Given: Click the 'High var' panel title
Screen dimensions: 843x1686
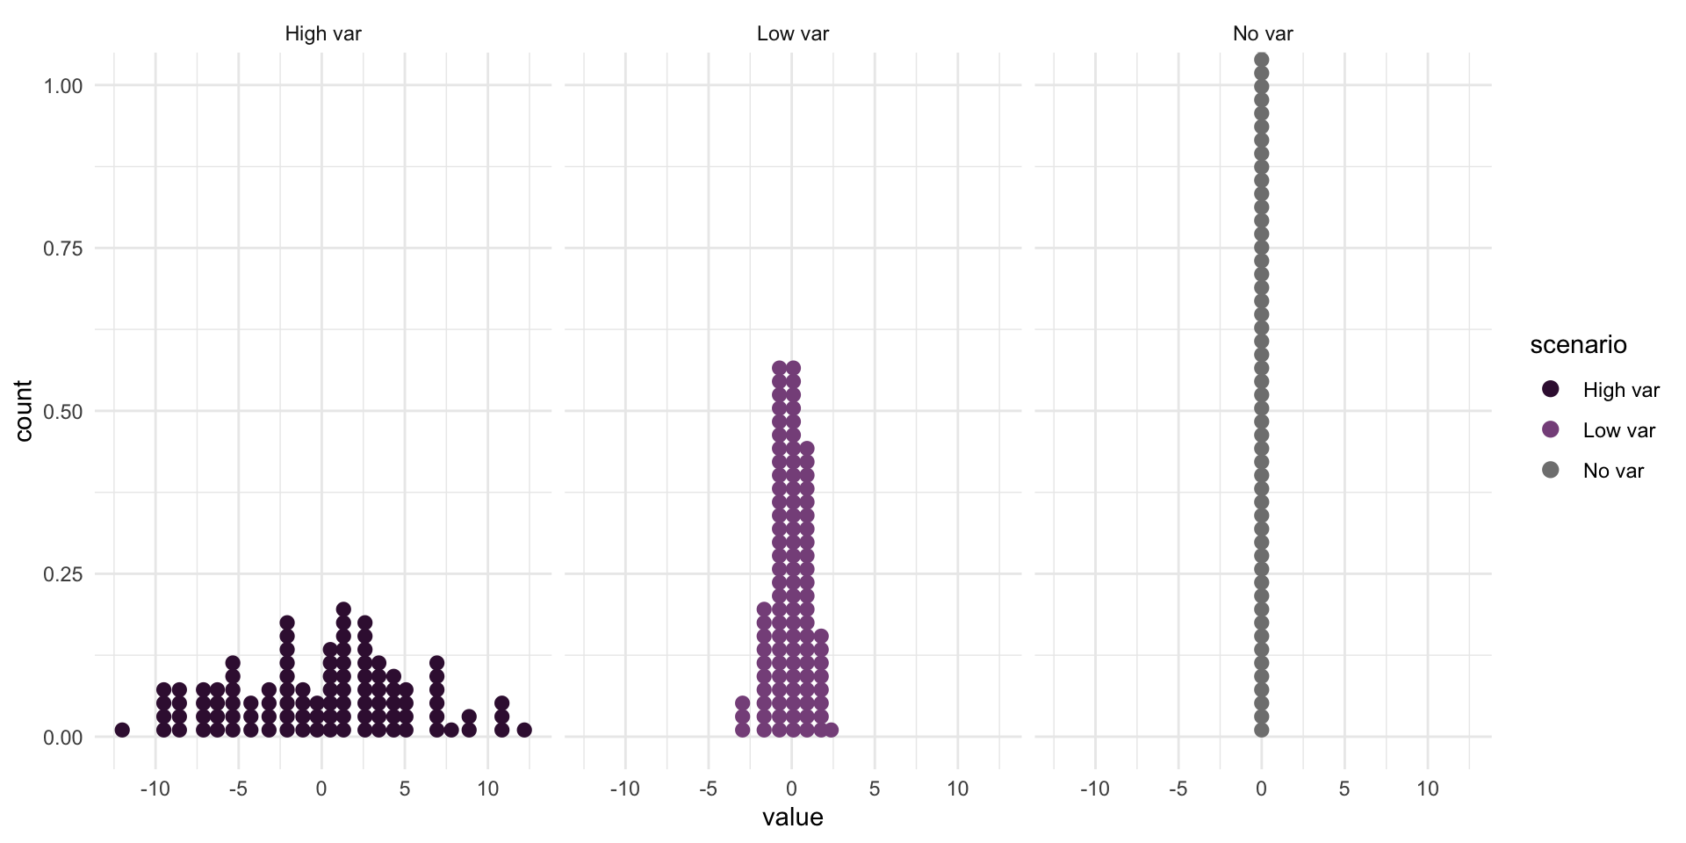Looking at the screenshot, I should (322, 34).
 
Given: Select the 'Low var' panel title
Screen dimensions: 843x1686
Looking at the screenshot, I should (792, 34).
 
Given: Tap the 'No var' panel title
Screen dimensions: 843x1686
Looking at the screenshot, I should (1262, 34).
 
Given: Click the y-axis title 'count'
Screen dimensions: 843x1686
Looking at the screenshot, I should (24, 411).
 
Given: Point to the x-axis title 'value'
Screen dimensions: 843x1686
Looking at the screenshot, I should (792, 818).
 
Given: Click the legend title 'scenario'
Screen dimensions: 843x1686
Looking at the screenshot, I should (1578, 345).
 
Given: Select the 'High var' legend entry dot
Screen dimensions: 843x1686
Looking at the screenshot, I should (1551, 389).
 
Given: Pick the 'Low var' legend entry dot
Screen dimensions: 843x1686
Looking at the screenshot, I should (1551, 429).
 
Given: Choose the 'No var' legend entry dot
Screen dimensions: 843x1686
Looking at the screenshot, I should (1551, 470).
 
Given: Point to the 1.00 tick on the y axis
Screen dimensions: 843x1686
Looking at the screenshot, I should (63, 86).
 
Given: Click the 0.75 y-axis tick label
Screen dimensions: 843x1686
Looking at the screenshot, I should (63, 249).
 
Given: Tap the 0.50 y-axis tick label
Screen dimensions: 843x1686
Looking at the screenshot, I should (63, 412).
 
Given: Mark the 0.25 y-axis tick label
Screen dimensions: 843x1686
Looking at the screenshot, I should (63, 574).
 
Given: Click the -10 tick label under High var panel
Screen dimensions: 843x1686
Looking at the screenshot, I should (155, 789).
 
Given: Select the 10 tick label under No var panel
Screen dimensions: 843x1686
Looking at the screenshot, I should (1428, 789).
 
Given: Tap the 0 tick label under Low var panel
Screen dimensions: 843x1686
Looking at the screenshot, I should (791, 789).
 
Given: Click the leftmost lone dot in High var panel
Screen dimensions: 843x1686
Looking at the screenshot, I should (122, 730).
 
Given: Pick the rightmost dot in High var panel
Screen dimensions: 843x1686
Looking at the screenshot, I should (524, 730).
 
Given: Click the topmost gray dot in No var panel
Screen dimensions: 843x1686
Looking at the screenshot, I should (1262, 60).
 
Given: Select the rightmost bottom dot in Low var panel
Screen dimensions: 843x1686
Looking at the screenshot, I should (831, 730).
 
